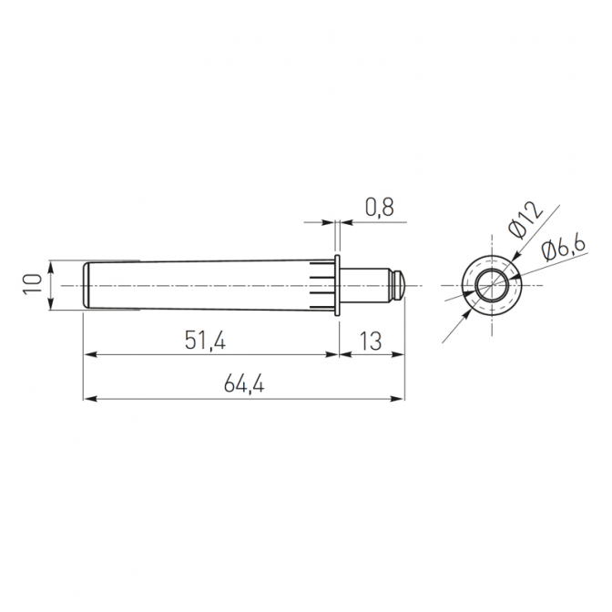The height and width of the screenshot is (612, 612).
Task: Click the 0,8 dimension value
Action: pos(380,208)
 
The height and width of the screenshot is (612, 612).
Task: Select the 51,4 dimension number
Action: pos(205,342)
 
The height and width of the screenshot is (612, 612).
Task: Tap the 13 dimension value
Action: pos(370,342)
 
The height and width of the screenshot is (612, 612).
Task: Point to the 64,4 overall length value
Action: pos(244,385)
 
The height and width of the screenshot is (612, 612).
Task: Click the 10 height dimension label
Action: pos(33,284)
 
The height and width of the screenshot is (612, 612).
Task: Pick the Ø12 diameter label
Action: pos(525,219)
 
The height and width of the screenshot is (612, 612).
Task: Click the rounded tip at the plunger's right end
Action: pos(401,285)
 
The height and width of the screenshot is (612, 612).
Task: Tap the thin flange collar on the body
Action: pos(338,285)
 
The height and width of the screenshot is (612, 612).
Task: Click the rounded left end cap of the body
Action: pos(87,285)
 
